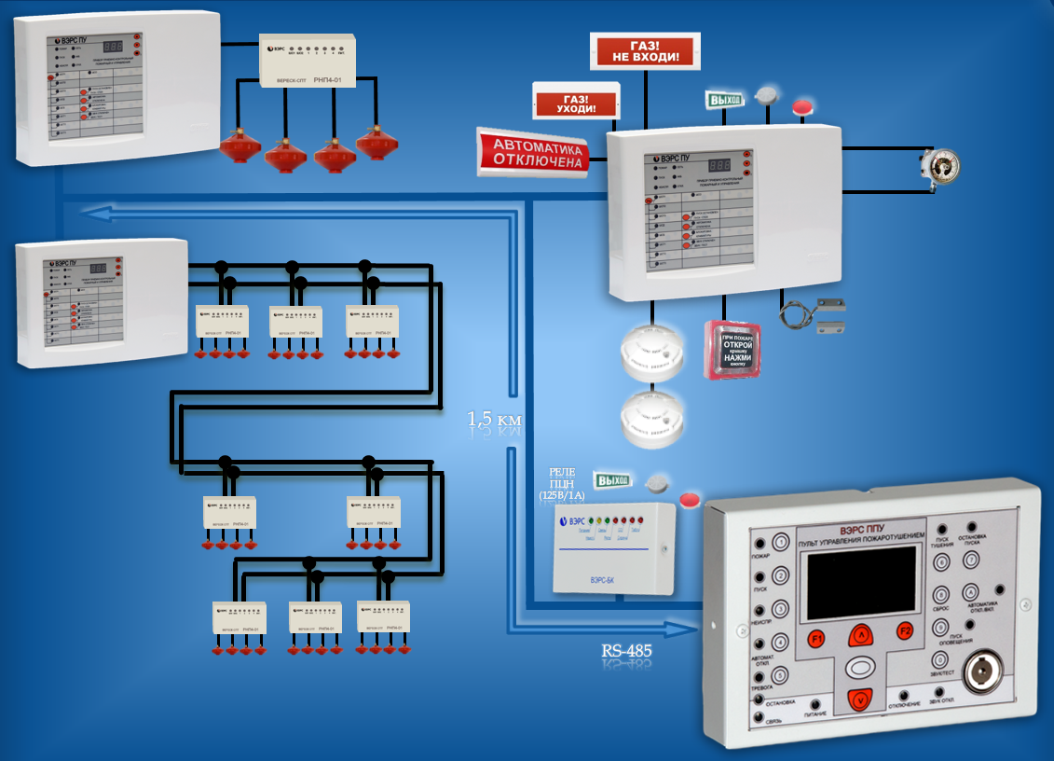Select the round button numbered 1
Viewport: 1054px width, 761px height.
click(780, 541)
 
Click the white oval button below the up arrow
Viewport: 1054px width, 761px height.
click(861, 669)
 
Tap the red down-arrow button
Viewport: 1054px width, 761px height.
click(861, 699)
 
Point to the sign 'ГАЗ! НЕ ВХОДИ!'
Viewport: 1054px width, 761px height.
click(645, 51)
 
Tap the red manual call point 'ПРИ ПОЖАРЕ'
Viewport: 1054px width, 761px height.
click(732, 350)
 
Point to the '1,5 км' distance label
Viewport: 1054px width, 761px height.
click(495, 421)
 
